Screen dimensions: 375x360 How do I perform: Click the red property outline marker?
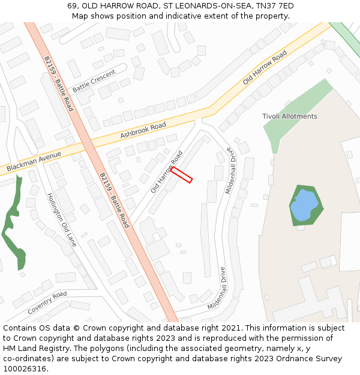coord(181,175)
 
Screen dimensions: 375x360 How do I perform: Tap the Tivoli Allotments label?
coord(290,116)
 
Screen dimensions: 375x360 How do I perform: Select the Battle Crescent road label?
coord(94,82)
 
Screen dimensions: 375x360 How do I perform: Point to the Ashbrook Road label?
coord(143,130)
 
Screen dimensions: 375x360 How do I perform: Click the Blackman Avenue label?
coord(34,162)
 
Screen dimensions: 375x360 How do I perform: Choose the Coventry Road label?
coord(47,303)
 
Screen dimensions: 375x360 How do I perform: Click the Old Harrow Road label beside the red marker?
coord(166,172)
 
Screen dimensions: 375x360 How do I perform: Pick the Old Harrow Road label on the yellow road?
coord(265,68)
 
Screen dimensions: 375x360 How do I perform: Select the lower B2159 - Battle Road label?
coord(114,200)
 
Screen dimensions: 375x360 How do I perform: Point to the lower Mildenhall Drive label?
coord(217,289)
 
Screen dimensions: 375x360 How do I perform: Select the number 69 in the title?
coord(72,6)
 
